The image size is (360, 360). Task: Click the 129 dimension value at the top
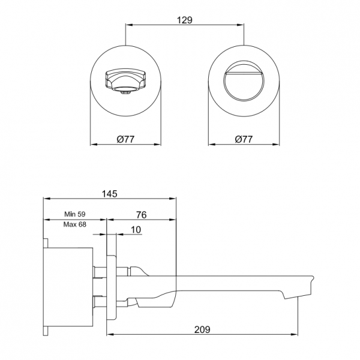(184, 20)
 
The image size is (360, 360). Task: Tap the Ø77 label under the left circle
(125, 139)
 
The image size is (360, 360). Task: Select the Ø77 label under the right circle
(244, 139)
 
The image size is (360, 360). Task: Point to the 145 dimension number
(110, 194)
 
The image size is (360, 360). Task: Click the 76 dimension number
(141, 215)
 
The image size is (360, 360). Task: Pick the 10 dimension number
(136, 230)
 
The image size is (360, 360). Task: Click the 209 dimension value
(202, 329)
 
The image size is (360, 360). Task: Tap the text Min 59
(75, 214)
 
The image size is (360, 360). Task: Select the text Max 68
(75, 224)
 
